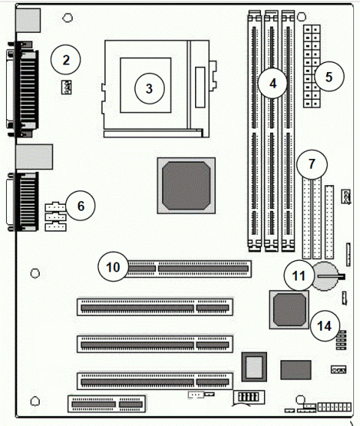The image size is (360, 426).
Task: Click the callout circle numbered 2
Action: pyautogui.click(x=66, y=58)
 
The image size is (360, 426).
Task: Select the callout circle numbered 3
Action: pyautogui.click(x=148, y=88)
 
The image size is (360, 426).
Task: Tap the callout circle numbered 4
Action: pyautogui.click(x=274, y=82)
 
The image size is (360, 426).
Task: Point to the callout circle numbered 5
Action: pyautogui.click(x=329, y=76)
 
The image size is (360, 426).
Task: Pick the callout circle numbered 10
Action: pyautogui.click(x=112, y=266)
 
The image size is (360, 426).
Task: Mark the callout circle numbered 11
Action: pyautogui.click(x=298, y=277)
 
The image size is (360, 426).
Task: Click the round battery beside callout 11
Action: pyautogui.click(x=327, y=277)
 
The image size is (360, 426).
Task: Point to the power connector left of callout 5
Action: pyautogui.click(x=311, y=66)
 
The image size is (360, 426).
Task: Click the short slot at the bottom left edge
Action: pyautogui.click(x=105, y=404)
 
